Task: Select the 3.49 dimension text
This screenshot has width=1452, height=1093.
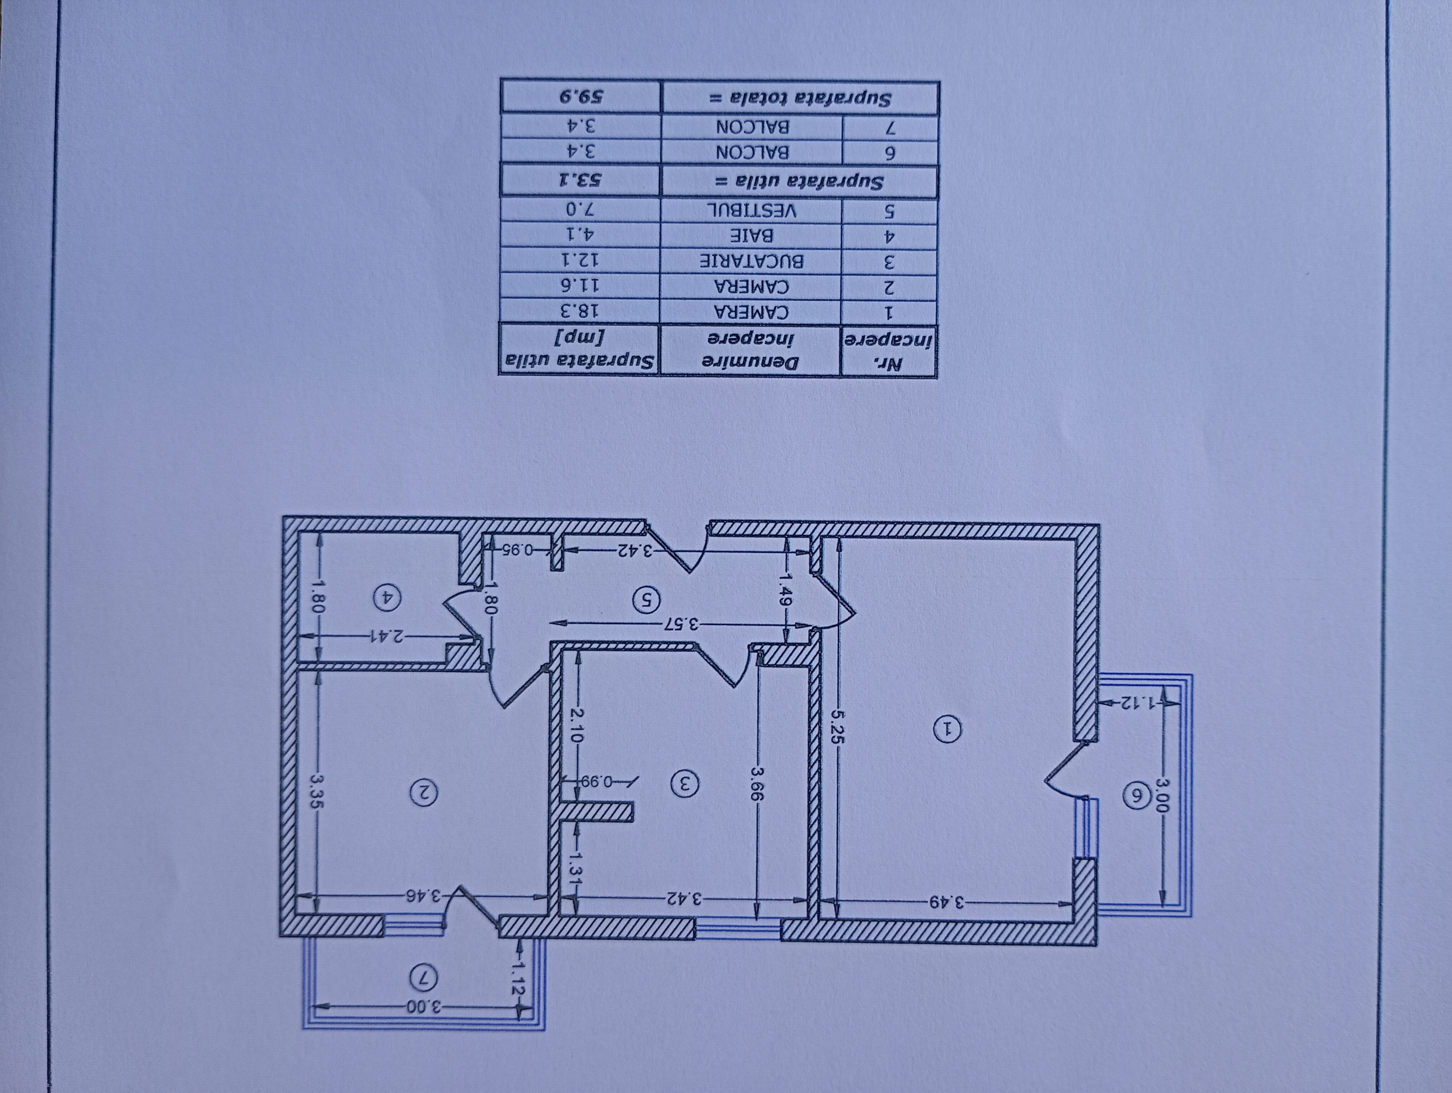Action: (946, 902)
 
